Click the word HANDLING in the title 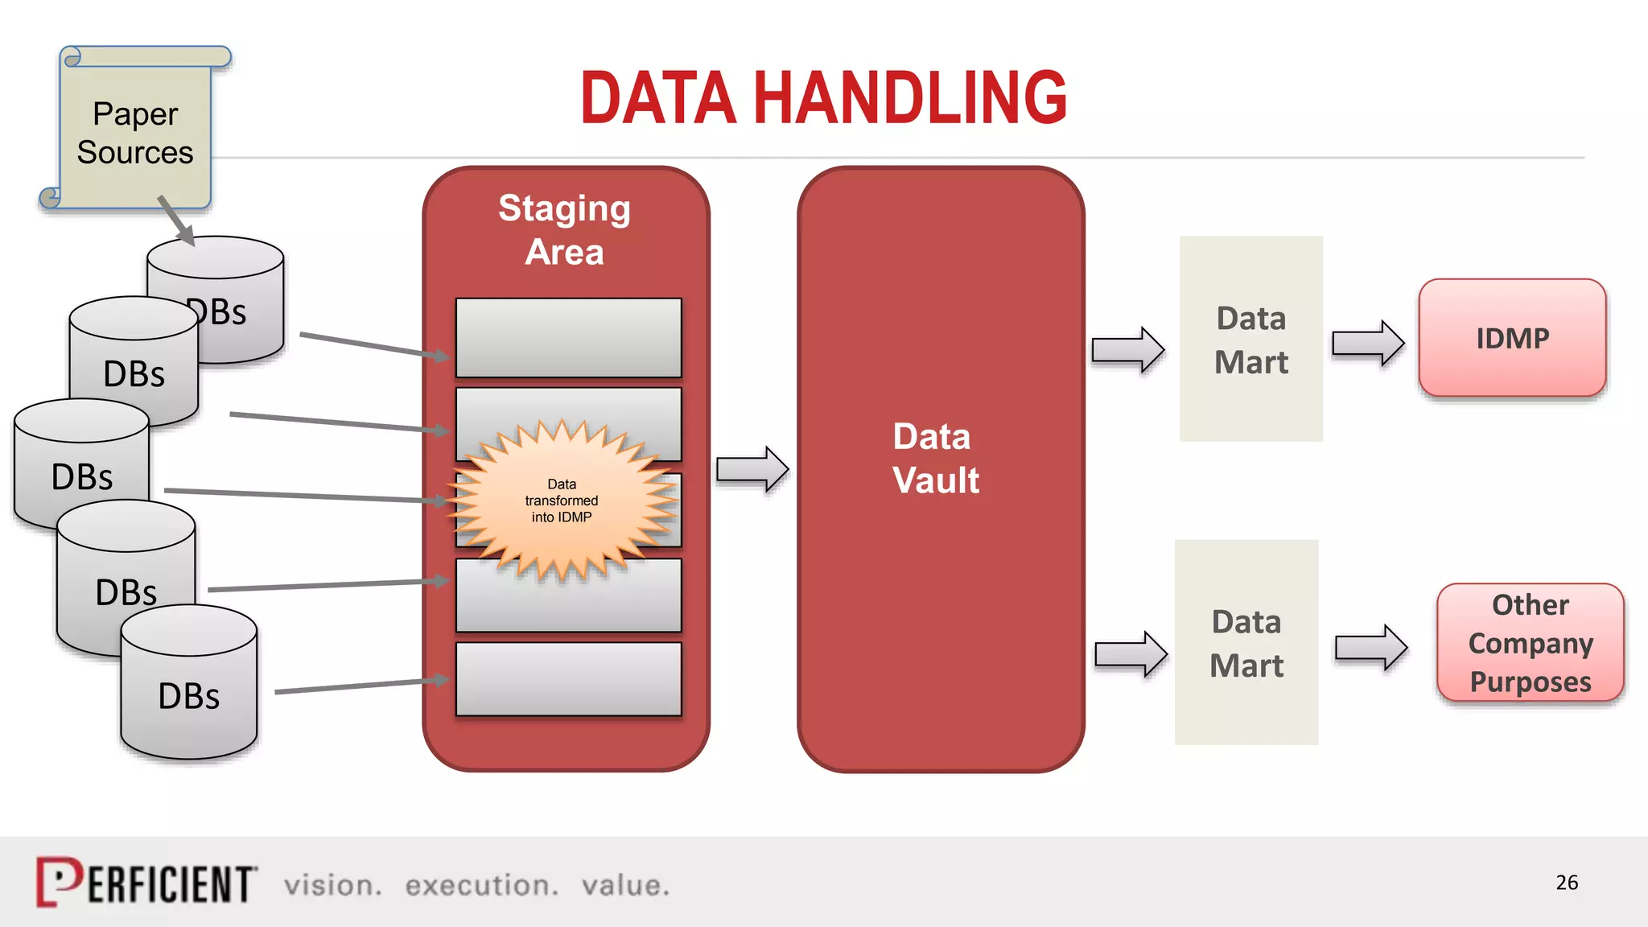coord(909,98)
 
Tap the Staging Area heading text coord(565,230)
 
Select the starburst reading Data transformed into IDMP coord(562,501)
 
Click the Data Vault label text coord(935,459)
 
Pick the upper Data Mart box coord(1250,340)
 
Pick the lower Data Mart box coord(1246,643)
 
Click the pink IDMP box coord(1512,338)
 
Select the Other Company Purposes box coord(1530,643)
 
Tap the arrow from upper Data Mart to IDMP coord(1368,344)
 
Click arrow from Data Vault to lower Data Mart coord(1131,654)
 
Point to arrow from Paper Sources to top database coord(176,220)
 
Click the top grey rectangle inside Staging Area coord(568,338)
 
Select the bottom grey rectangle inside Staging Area coord(568,679)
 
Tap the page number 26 coord(1566,883)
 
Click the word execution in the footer coord(481,886)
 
